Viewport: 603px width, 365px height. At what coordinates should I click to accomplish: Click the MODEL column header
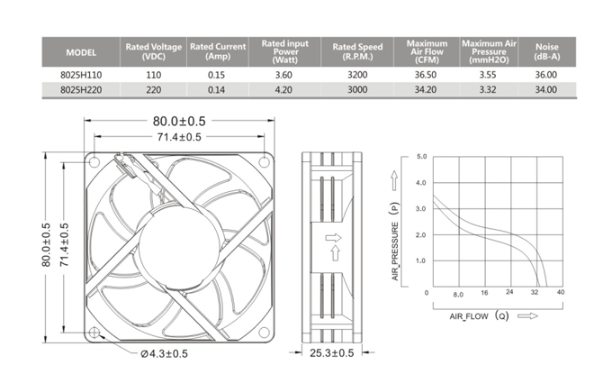[81, 52]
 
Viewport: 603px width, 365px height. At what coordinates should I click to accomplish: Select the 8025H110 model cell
[81, 75]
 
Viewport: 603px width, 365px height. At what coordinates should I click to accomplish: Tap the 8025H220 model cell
[81, 90]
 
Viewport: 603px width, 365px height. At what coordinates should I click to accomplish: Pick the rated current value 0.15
[216, 75]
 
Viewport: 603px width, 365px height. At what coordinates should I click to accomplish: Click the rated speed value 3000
[357, 90]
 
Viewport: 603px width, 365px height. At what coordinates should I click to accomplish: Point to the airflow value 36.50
[426, 75]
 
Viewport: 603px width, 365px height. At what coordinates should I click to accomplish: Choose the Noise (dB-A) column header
[547, 51]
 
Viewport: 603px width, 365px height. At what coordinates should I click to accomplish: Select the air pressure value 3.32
[488, 90]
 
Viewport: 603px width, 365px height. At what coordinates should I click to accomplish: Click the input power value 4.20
[283, 90]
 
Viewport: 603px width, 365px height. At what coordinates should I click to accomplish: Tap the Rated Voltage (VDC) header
[153, 51]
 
